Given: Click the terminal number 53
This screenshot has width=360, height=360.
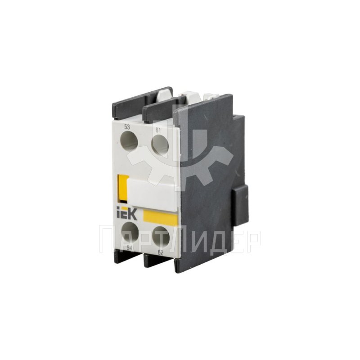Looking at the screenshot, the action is pyautogui.click(x=127, y=127).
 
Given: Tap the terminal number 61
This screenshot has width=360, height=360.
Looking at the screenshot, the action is pyautogui.click(x=158, y=130).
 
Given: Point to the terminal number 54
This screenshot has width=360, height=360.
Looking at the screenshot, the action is pyautogui.click(x=130, y=248).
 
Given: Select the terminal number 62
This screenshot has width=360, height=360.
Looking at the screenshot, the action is pyautogui.click(x=161, y=253).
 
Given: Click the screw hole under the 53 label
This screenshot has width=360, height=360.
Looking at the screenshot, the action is pyautogui.click(x=129, y=140).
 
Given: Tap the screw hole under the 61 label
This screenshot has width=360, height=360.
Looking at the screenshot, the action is pyautogui.click(x=160, y=144).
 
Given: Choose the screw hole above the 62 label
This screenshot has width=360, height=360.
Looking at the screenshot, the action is pyautogui.click(x=161, y=238).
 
